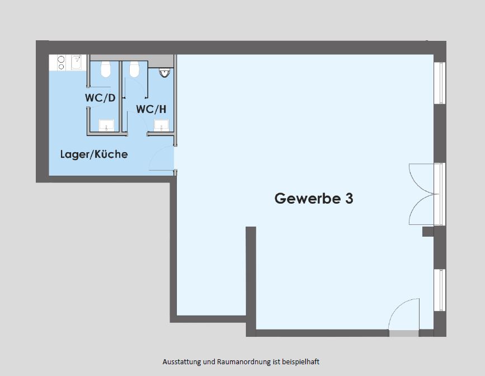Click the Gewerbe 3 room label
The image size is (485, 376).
pyautogui.click(x=314, y=199)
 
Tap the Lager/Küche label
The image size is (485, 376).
pyautogui.click(x=94, y=154)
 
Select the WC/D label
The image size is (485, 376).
pyautogui.click(x=100, y=98)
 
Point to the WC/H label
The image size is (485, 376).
pyautogui.click(x=151, y=109)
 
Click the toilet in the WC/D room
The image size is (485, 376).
pyautogui.click(x=106, y=69)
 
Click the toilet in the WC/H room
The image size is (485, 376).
pyautogui.click(x=134, y=69)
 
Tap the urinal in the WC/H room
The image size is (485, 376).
pyautogui.click(x=164, y=72)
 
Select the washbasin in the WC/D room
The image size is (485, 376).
pyautogui.click(x=106, y=125)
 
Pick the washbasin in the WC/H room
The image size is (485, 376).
pyautogui.click(x=162, y=125)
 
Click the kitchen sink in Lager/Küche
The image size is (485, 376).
pyautogui.click(x=76, y=63)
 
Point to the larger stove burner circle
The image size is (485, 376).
pyautogui.click(x=61, y=59)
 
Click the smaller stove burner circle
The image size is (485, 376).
pyautogui.click(x=61, y=67)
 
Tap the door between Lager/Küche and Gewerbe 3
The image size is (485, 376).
pyautogui.click(x=162, y=158)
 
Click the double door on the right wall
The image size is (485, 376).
pyautogui.click(x=422, y=194)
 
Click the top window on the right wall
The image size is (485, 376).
pyautogui.click(x=440, y=83)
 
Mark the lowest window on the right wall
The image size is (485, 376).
pyautogui.click(x=440, y=290)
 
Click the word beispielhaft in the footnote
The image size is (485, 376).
pyautogui.click(x=300, y=362)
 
